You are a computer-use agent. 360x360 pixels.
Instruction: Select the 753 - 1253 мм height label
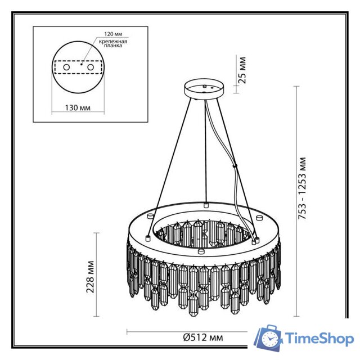[x=302, y=188]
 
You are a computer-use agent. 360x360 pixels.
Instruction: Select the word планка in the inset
[x=112, y=48]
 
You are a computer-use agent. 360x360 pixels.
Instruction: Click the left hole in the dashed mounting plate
[x=66, y=67]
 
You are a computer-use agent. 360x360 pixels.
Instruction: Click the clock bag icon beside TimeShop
[x=269, y=339]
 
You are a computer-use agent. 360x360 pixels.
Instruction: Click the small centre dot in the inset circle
[x=80, y=65]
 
